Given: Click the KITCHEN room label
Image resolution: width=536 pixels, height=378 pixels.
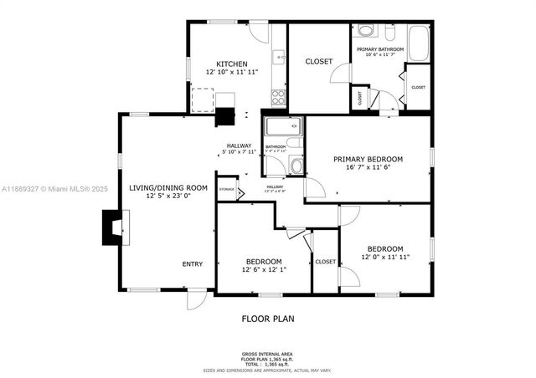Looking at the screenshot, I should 232,64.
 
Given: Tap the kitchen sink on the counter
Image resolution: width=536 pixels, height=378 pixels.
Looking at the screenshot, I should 280,59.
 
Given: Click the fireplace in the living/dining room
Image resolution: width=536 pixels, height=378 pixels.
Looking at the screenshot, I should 111,227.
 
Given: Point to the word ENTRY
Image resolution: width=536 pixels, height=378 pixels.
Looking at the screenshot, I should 193,264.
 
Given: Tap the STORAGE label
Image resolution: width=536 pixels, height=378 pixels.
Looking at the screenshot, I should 227,190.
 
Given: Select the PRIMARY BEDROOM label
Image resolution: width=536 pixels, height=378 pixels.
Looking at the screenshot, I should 368,159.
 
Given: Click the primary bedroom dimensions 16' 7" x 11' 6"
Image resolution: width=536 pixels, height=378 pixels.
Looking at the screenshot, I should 368,168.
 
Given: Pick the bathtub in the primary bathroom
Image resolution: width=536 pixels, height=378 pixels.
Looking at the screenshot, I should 419,40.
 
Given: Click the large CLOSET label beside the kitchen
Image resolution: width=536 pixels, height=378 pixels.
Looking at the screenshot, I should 318,61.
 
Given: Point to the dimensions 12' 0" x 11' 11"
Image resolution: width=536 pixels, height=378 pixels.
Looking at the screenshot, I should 385,258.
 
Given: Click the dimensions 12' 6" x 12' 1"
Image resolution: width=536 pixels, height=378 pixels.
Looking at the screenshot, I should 264,269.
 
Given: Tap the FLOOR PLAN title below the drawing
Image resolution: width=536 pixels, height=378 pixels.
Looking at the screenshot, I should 268,319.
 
